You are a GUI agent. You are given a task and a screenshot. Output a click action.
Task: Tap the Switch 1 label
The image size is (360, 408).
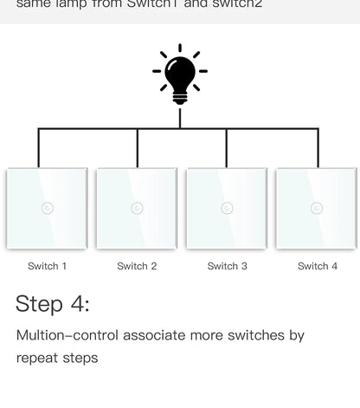pyautogui.click(x=47, y=266)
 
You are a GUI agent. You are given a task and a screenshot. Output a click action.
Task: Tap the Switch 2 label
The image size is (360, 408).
pyautogui.click(x=137, y=266)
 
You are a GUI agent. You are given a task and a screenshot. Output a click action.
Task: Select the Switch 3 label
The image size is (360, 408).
pyautogui.click(x=227, y=266)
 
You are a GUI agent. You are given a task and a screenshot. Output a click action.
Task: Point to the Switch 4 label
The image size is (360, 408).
pyautogui.click(x=318, y=266)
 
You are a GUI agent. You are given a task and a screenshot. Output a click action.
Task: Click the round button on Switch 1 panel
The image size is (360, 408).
pyautogui.click(x=47, y=208)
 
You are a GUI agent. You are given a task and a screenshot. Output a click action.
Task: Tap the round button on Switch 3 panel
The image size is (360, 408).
pyautogui.click(x=227, y=208)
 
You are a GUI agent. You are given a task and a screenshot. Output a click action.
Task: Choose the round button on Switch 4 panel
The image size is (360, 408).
pyautogui.click(x=317, y=208)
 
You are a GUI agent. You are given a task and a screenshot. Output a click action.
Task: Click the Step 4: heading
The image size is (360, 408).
pyautogui.click(x=52, y=304)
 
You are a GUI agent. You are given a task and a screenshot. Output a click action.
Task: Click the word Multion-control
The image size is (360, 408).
pyautogui.click(x=67, y=335)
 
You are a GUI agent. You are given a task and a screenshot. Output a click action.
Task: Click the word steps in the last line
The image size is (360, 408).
pyautogui.click(x=81, y=358)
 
